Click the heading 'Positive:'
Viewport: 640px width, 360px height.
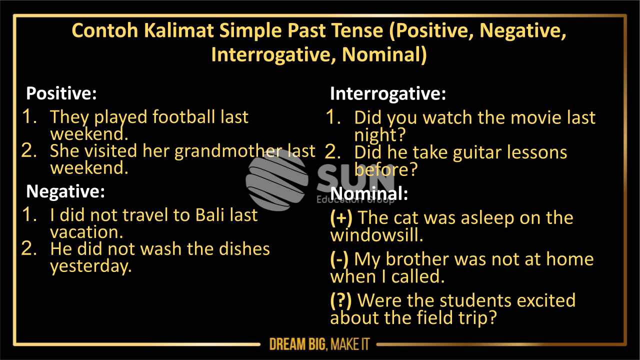61,93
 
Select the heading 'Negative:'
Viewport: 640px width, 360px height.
65,191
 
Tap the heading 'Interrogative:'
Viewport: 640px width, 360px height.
387,94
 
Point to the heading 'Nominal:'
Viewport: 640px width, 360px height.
369,194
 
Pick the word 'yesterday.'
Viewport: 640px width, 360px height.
91,266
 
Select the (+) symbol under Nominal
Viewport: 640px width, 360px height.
341,218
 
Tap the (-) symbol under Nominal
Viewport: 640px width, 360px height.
340,259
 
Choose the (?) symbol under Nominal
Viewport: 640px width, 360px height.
341,301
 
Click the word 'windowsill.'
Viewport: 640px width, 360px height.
376,235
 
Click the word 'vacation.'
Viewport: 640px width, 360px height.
86,232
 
